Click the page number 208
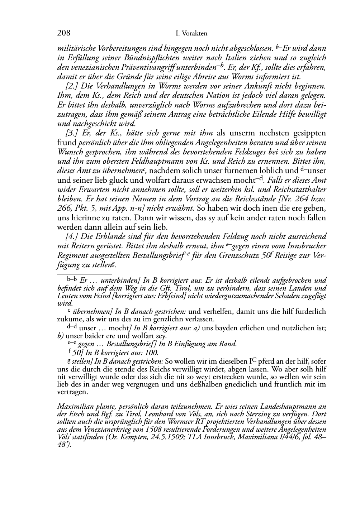[64, 33]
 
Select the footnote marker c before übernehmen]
[69, 311]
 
